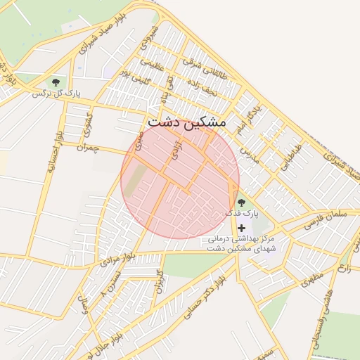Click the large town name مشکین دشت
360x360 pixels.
187,122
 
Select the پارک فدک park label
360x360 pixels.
243,212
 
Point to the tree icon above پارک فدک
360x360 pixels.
242,202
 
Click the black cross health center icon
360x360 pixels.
242,227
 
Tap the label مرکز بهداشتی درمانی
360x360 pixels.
242,238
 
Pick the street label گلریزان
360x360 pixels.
159,281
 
